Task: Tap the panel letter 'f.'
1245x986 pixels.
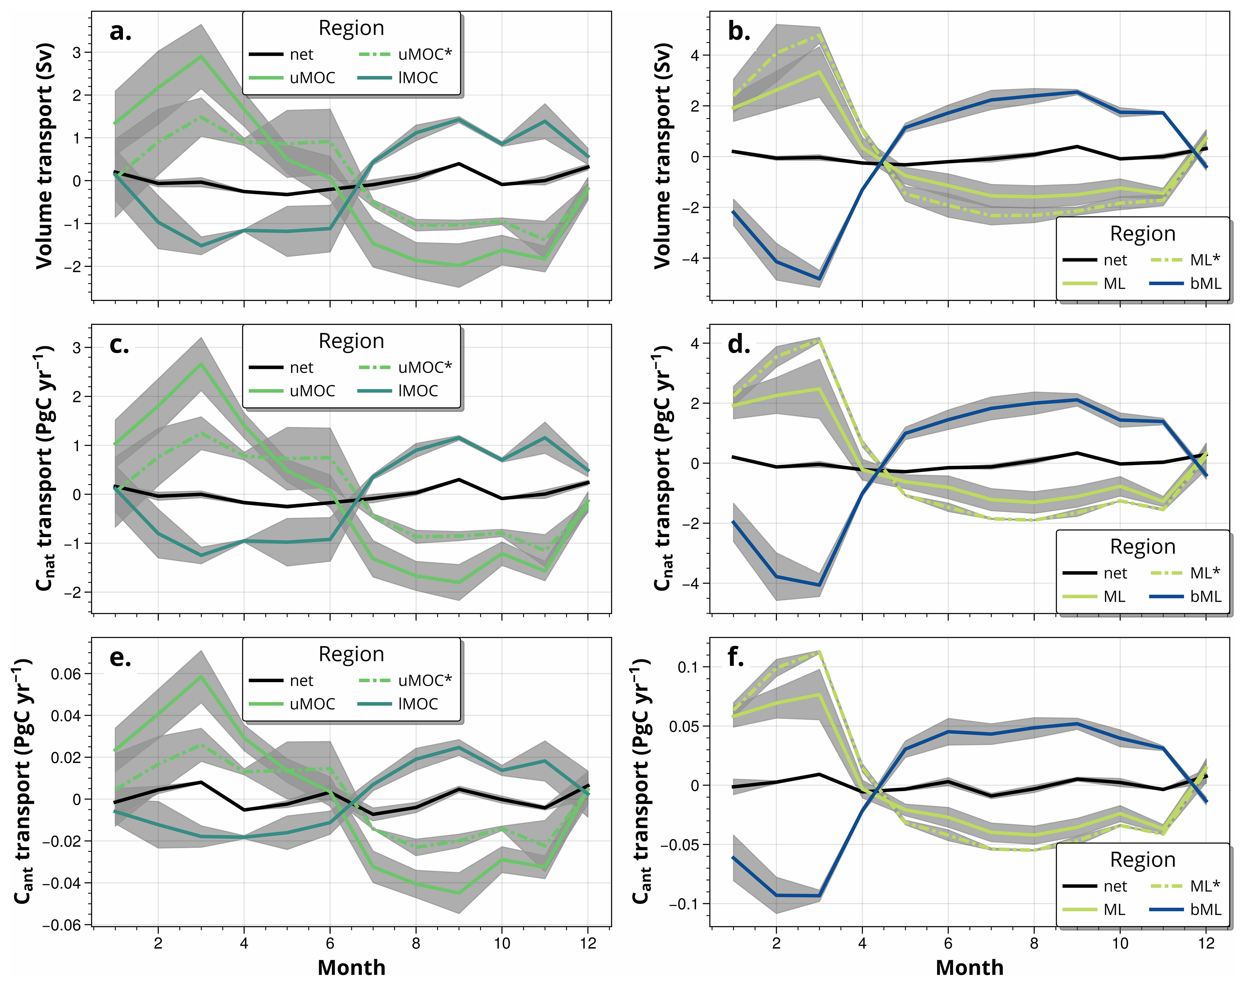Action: (736, 657)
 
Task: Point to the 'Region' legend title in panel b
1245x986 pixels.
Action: (1142, 234)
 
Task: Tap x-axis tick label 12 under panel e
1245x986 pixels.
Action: (588, 943)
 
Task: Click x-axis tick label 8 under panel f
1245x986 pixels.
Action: (1034, 943)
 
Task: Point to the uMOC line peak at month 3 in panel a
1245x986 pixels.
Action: (200, 56)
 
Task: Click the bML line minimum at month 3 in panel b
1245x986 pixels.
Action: (819, 279)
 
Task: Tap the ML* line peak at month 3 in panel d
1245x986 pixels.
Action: (819, 340)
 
